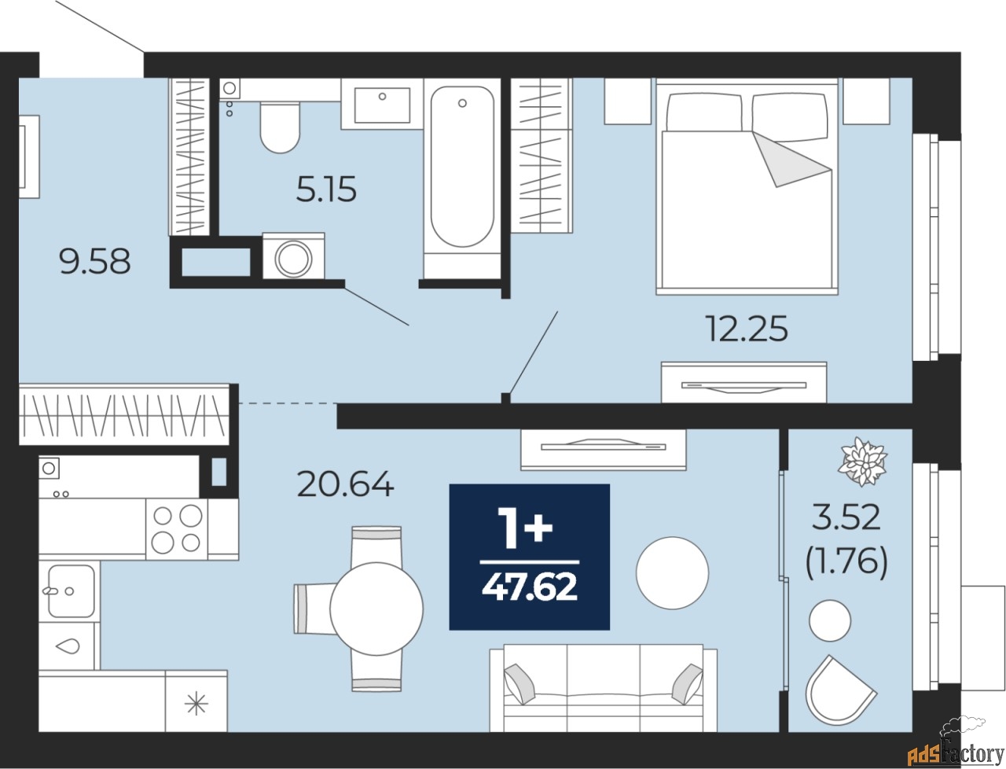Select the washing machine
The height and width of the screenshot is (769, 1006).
point(293,256)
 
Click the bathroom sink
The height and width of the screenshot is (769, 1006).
point(382,105)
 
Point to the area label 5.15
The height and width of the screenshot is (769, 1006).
point(326,189)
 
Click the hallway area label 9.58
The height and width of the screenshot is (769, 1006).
point(95,261)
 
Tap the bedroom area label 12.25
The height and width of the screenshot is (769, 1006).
point(746,329)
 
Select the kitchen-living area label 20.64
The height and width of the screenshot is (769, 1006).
point(345,484)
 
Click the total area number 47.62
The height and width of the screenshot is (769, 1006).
point(530,587)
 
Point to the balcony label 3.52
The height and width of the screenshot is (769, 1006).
point(846,517)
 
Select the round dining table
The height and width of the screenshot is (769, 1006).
point(376,608)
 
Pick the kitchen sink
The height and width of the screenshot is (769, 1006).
point(70,591)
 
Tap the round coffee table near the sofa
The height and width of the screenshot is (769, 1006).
point(672,572)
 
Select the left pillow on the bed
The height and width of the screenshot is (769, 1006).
point(703,112)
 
